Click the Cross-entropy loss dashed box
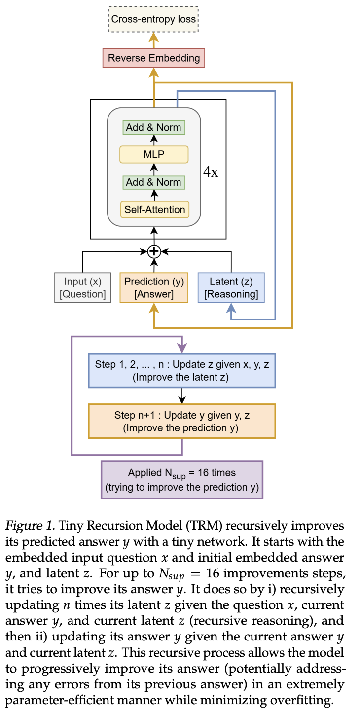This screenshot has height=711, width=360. point(154,20)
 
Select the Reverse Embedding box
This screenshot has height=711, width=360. point(154,58)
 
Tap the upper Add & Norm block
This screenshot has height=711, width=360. point(154,127)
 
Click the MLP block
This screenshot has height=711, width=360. point(154,155)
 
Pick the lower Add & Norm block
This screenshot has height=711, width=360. point(154,182)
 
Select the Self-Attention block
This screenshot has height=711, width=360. point(154,210)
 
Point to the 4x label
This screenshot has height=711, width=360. point(211,173)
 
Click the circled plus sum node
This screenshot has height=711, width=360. point(154,251)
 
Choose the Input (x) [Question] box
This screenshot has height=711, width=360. point(83,288)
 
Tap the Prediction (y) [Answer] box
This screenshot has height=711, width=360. point(154,288)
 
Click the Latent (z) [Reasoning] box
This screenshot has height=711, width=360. point(231,288)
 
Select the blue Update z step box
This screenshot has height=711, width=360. point(181,370)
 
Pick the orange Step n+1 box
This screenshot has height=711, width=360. point(181,422)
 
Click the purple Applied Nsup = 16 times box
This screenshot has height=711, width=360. point(181,480)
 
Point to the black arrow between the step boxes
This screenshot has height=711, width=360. point(181,395)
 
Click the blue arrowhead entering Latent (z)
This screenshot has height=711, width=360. point(231,308)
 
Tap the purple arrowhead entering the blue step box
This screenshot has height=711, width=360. point(182,348)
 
